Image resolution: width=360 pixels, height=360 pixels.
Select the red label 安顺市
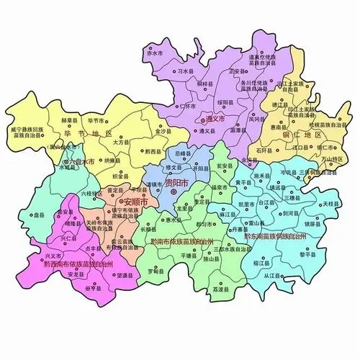coord(135,203)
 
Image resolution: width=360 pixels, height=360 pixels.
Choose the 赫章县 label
coord(69,121)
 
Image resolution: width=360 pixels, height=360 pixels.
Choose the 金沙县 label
coord(163,132)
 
